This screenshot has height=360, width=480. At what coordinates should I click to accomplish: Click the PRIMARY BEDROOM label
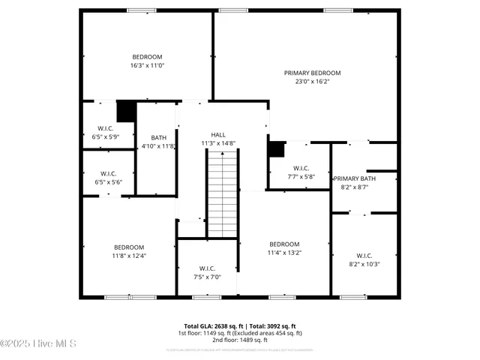(312, 73)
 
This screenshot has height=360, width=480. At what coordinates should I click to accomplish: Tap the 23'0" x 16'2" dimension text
(312, 82)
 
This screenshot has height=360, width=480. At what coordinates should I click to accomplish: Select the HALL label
(217, 134)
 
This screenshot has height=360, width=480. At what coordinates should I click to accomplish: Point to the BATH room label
(158, 137)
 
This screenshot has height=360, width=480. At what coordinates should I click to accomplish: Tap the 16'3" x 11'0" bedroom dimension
(147, 66)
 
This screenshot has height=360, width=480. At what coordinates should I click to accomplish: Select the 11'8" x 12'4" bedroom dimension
(129, 256)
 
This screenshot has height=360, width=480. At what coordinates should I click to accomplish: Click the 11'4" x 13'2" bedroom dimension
(284, 253)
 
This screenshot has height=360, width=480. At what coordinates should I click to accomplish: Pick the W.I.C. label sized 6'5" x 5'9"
(106, 128)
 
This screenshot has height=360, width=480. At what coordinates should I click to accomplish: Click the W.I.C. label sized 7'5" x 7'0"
(207, 268)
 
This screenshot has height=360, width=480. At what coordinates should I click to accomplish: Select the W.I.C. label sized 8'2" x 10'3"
(364, 255)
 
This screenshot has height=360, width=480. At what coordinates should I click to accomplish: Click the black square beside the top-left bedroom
(126, 111)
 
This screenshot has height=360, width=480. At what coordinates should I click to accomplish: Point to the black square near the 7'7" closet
(277, 148)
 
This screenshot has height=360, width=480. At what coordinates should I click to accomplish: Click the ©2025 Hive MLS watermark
(39, 343)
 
